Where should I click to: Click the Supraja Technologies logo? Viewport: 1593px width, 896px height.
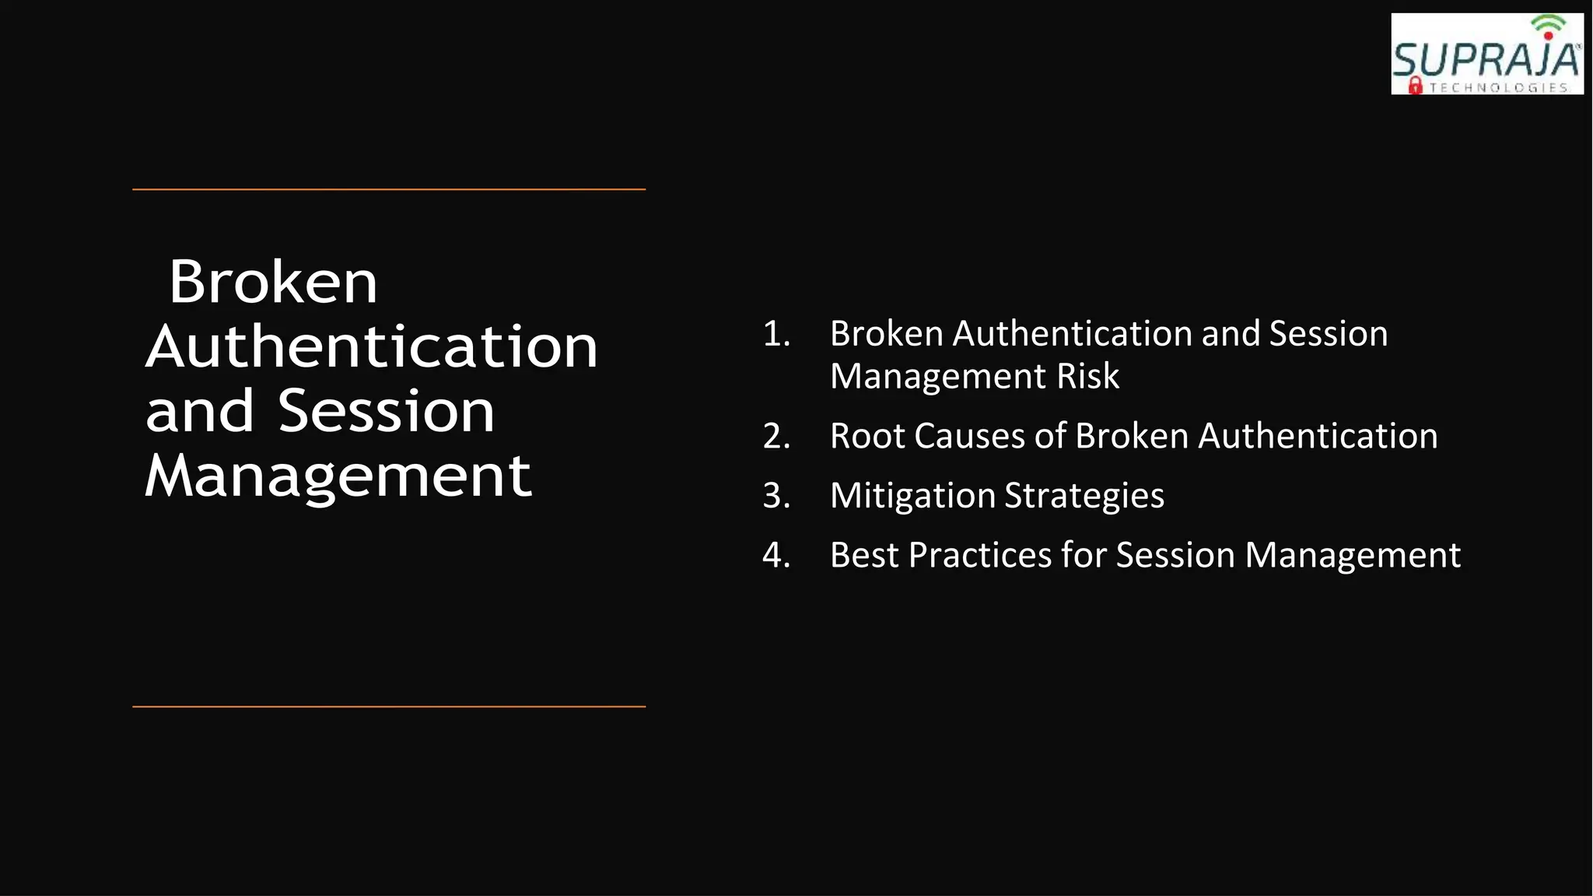point(1486,54)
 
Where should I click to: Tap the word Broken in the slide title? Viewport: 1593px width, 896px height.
point(273,282)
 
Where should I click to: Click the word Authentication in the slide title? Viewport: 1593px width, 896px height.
point(372,346)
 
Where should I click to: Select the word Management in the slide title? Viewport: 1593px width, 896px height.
point(338,476)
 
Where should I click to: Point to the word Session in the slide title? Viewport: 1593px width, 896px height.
point(387,411)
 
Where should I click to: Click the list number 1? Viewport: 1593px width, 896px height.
point(775,334)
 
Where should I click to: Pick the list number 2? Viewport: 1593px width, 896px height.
point(775,436)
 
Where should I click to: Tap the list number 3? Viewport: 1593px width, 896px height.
point(775,496)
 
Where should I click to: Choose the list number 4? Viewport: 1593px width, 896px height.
point(775,556)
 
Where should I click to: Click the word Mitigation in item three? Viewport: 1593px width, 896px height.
point(912,497)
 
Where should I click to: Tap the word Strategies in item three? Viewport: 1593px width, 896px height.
point(1084,497)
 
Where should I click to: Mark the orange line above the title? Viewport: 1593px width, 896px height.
point(389,189)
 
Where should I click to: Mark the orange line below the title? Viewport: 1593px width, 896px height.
point(389,707)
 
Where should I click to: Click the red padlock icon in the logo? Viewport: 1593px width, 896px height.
point(1416,86)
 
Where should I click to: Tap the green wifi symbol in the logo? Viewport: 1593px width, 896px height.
point(1548,24)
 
